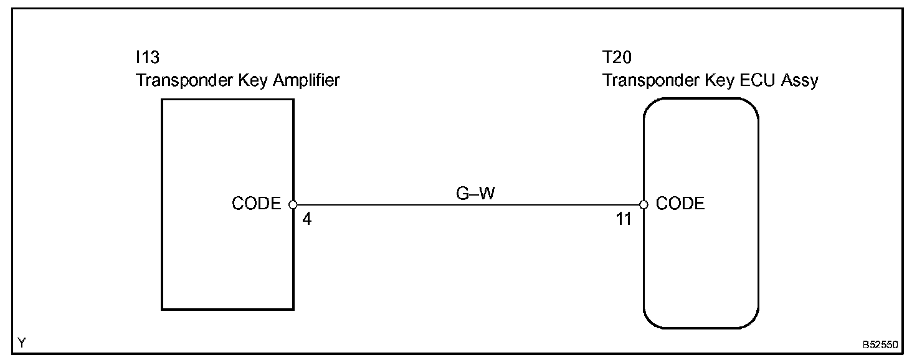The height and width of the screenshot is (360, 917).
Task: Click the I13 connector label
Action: [148, 57]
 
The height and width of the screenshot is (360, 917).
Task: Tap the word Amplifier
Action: [306, 80]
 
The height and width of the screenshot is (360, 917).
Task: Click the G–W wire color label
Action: [476, 193]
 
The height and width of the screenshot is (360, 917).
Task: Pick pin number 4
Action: [306, 219]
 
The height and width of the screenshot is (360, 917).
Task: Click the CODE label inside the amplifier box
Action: [256, 204]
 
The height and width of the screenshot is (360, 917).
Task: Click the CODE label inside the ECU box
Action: [680, 204]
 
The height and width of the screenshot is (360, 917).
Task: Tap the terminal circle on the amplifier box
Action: [293, 204]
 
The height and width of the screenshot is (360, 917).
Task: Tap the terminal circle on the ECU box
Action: [644, 204]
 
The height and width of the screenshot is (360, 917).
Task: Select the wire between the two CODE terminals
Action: [467, 204]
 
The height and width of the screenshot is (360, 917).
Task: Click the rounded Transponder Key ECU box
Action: [701, 268]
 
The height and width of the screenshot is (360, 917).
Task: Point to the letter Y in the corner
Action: [22, 343]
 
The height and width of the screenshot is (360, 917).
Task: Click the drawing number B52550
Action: [880, 344]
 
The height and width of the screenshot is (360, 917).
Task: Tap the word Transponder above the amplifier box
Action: [178, 80]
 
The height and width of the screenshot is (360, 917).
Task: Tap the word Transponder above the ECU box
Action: [644, 80]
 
